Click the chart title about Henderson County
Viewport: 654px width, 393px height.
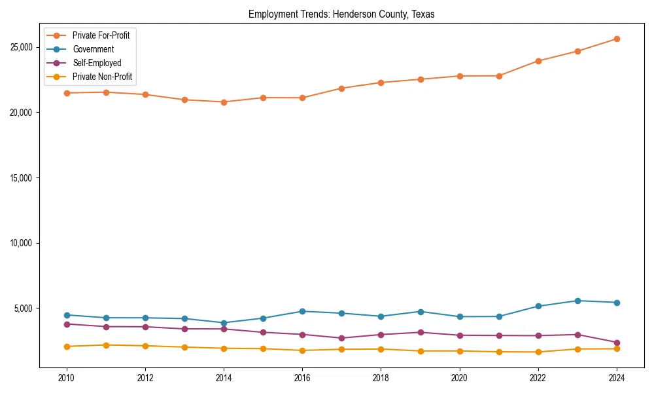click(341, 14)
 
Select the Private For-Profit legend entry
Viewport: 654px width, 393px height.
click(101, 35)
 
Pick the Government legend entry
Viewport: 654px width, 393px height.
click(93, 49)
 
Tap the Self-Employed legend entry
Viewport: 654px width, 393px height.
click(97, 63)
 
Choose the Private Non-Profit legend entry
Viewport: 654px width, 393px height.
click(102, 77)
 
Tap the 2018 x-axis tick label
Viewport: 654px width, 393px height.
click(381, 378)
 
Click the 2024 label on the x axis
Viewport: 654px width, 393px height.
click(617, 378)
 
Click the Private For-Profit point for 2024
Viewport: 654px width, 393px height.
click(617, 39)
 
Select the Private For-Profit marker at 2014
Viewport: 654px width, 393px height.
click(224, 102)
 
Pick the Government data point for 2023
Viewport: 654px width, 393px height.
click(577, 301)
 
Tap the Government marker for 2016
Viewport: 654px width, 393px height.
click(302, 311)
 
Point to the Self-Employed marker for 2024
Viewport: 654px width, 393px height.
click(617, 343)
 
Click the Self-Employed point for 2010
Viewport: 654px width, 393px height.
click(66, 324)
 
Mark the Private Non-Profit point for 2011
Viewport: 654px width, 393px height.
click(105, 345)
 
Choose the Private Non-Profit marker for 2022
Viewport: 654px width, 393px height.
click(538, 352)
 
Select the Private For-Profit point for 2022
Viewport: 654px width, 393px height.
click(538, 61)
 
